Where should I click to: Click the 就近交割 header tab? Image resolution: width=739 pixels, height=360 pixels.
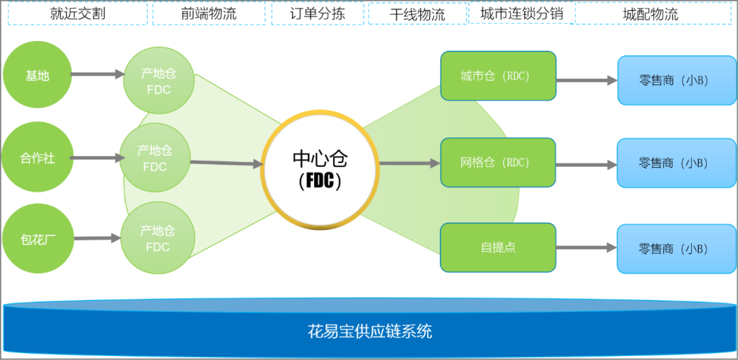(x=77, y=14)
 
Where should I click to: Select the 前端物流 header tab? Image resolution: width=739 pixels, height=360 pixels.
(x=209, y=14)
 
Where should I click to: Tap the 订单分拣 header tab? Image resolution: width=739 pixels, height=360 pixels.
(x=316, y=14)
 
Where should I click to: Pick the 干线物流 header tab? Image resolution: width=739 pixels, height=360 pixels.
(x=417, y=14)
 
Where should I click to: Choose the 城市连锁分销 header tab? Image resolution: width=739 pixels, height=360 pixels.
(x=521, y=14)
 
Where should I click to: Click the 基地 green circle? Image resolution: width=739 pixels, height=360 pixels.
(x=37, y=75)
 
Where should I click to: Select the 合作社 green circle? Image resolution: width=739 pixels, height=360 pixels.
(x=36, y=158)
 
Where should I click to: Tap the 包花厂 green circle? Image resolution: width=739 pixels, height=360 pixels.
(x=37, y=240)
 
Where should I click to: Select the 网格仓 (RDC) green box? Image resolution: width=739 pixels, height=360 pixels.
(x=497, y=163)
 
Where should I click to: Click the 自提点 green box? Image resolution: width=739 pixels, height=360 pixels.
(x=497, y=247)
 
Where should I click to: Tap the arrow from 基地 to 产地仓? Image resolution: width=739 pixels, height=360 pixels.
(x=97, y=74)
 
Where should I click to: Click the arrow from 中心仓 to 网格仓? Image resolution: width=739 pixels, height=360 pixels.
(x=409, y=163)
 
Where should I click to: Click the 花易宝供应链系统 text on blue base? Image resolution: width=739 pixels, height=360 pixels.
(x=369, y=332)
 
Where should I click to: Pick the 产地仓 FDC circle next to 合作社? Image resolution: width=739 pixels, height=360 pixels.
(x=155, y=159)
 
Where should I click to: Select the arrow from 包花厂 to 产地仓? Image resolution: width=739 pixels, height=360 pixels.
(x=98, y=238)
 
